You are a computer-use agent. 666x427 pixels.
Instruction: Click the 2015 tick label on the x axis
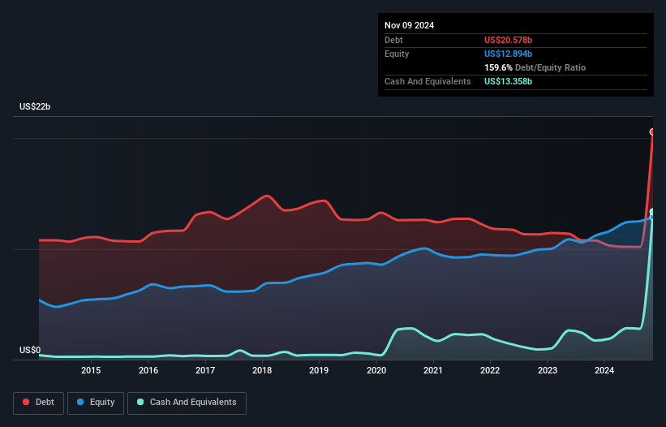click(91, 371)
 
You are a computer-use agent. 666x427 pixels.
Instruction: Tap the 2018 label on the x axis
click(262, 371)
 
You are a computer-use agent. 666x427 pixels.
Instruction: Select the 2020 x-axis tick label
click(376, 371)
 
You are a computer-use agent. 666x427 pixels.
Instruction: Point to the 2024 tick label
click(604, 371)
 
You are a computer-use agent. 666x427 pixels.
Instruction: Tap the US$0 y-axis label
click(31, 351)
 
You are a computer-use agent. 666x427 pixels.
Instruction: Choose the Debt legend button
click(39, 403)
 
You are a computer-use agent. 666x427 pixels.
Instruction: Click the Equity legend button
click(96, 403)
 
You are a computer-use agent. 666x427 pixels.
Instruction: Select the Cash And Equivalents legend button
click(187, 403)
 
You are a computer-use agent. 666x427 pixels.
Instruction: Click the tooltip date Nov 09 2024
click(410, 25)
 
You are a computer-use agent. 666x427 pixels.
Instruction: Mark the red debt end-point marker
click(652, 132)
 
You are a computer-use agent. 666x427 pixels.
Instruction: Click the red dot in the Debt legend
click(26, 403)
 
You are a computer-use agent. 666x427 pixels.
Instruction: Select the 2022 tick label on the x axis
click(490, 371)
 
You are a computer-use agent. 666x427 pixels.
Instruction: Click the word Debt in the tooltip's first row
click(394, 40)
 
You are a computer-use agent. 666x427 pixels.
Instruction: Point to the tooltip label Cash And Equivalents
click(428, 81)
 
